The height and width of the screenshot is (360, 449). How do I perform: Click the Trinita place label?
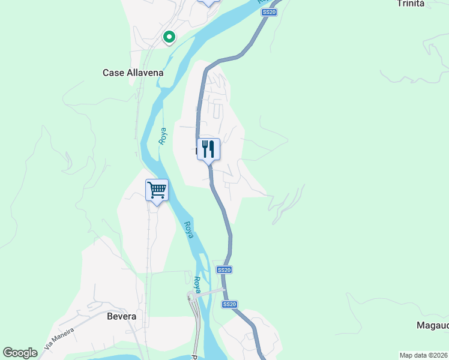pyautogui.click(x=411, y=4)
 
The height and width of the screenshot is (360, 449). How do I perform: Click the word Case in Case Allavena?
pyautogui.click(x=113, y=73)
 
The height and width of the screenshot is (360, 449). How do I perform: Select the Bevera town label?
pyautogui.click(x=121, y=316)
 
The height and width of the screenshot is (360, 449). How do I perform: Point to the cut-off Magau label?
pyautogui.click(x=432, y=325)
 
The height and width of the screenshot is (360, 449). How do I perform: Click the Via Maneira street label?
pyautogui.click(x=59, y=339)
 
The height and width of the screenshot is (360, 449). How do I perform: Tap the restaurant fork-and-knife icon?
pyautogui.click(x=208, y=149)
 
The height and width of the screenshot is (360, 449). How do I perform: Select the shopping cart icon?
pyautogui.click(x=157, y=190)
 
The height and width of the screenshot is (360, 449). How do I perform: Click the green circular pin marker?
pyautogui.click(x=169, y=38)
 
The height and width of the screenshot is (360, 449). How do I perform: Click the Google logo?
pyautogui.click(x=20, y=353)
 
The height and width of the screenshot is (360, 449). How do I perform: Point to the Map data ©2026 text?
pyautogui.click(x=423, y=355)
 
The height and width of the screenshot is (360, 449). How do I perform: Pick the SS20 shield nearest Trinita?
pyautogui.click(x=270, y=12)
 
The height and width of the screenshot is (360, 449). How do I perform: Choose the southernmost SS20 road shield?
pyautogui.click(x=229, y=305)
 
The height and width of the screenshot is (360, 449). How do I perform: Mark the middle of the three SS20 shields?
pyautogui.click(x=224, y=270)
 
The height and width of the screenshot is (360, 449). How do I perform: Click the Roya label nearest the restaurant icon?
pyautogui.click(x=162, y=136)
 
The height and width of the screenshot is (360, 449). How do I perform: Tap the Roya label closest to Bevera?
pyautogui.click(x=197, y=284)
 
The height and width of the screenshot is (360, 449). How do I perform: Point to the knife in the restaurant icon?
pyautogui.click(x=212, y=149)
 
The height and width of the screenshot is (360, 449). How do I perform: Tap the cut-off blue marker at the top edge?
pyautogui.click(x=208, y=2)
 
